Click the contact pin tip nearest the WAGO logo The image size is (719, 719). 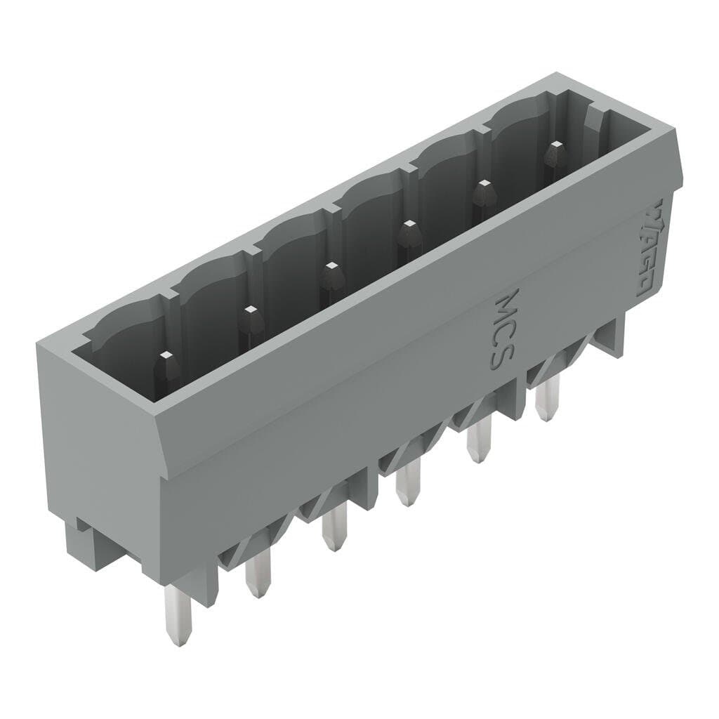tap(556, 149)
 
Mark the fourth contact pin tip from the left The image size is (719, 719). tap(408, 229)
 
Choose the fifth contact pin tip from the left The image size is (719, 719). tap(483, 188)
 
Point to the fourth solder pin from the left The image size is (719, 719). tap(407, 486)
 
